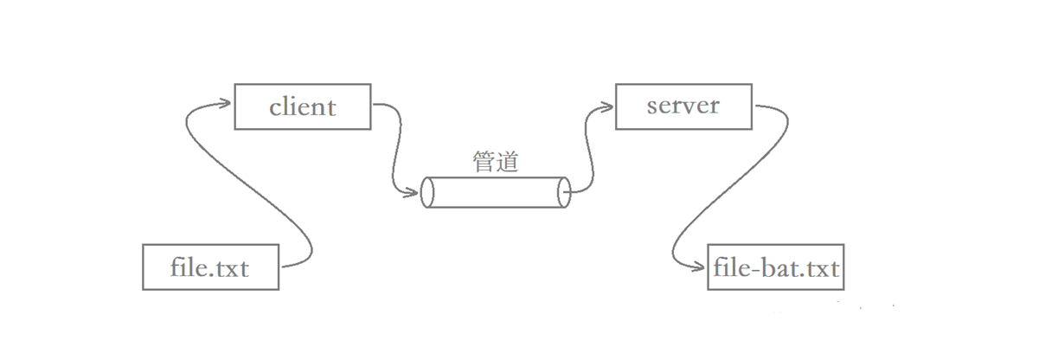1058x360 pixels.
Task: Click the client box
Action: click(x=302, y=106)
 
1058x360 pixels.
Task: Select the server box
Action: click(x=683, y=106)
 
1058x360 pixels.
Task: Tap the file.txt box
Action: click(x=210, y=267)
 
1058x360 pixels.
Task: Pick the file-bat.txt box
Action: click(x=776, y=267)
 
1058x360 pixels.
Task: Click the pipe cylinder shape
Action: click(x=496, y=192)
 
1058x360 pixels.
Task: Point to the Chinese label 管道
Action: click(x=496, y=162)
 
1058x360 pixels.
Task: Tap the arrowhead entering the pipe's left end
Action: click(x=414, y=192)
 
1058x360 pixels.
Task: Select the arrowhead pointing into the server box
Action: click(x=607, y=106)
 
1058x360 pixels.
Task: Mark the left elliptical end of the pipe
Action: click(x=426, y=192)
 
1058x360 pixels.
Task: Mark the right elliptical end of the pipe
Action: click(x=565, y=192)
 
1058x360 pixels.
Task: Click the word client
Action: click(x=302, y=107)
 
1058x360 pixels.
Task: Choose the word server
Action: click(x=683, y=106)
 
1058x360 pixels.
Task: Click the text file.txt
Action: click(x=210, y=267)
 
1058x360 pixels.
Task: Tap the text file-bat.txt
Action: click(x=776, y=268)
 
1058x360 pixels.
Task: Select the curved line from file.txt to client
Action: click(x=251, y=186)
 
